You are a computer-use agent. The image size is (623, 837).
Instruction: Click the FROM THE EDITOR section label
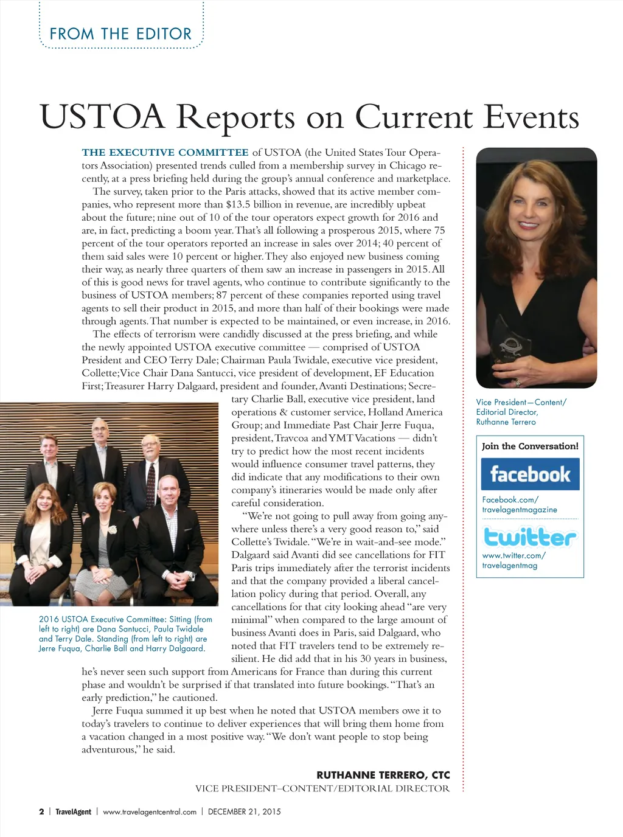click(120, 34)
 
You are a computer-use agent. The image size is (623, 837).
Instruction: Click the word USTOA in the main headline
click(102, 117)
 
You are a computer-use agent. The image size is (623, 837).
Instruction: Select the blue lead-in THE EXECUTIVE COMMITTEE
click(165, 153)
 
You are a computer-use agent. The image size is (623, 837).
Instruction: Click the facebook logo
click(530, 474)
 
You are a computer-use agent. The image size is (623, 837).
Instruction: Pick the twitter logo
click(529, 537)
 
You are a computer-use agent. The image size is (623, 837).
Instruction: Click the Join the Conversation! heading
click(530, 446)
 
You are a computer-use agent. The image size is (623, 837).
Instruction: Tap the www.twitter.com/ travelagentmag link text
click(513, 560)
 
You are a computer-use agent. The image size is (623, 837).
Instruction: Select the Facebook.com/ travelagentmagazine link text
click(519, 504)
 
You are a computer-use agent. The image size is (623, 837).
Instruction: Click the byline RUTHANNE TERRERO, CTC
click(383, 775)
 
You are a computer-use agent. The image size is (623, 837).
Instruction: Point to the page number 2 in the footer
click(41, 811)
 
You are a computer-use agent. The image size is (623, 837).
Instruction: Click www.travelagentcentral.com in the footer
click(150, 811)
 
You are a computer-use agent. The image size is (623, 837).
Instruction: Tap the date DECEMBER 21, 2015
click(244, 811)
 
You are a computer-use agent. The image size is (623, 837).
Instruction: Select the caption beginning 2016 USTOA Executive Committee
click(125, 633)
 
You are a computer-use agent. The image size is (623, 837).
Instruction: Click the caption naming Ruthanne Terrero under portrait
click(521, 412)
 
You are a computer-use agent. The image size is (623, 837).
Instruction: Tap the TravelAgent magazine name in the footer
click(73, 811)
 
